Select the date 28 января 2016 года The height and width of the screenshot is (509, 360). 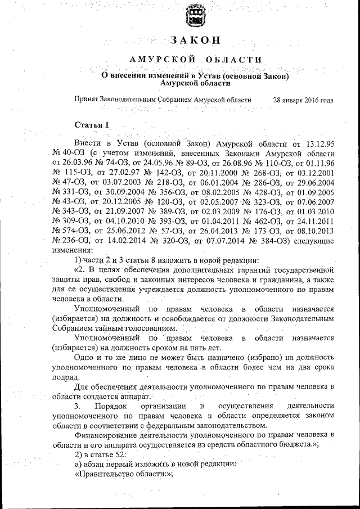pyautogui.click(x=303, y=100)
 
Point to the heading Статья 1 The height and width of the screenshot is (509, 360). pyautogui.click(x=92, y=124)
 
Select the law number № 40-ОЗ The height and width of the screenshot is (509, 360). pyautogui.click(x=68, y=153)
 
